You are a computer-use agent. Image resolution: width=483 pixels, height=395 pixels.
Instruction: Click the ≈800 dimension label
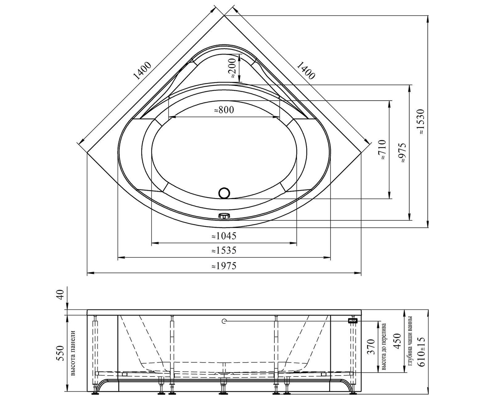pyautogui.click(x=224, y=110)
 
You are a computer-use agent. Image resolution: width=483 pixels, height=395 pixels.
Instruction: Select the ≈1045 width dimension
pyautogui.click(x=224, y=236)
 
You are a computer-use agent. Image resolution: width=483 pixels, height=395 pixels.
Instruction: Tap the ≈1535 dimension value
pyautogui.click(x=224, y=250)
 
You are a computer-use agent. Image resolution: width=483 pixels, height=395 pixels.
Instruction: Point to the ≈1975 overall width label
pyautogui.click(x=224, y=266)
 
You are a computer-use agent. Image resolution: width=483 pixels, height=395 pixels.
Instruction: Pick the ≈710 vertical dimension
pyautogui.click(x=382, y=149)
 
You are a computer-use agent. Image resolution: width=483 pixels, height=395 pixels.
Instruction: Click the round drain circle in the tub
pyautogui.click(x=224, y=193)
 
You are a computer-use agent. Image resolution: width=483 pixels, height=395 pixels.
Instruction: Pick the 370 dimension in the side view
pyautogui.click(x=371, y=347)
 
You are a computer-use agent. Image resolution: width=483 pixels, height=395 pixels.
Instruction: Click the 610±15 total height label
pyautogui.click(x=422, y=351)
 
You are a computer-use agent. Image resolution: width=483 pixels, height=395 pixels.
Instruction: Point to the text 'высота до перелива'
pyautogui.click(x=384, y=347)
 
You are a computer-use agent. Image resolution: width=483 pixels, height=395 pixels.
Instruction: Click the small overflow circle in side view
pyautogui.click(x=224, y=321)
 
